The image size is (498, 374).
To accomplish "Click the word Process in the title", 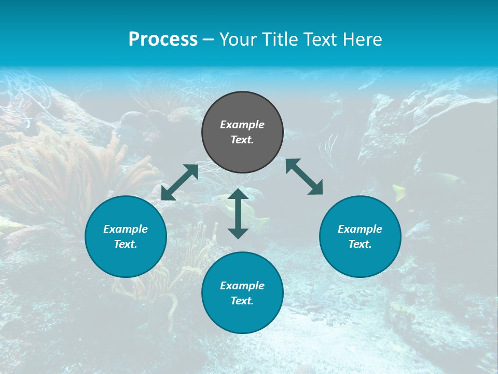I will pos(163,39).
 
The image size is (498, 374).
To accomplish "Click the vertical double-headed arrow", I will pos(238,213).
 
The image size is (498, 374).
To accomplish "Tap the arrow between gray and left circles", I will pos(179,182).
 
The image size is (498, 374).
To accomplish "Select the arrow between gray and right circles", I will pos(305,177).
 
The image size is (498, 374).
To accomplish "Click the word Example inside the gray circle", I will pos(242,125).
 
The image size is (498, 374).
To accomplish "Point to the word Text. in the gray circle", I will pos(242,140).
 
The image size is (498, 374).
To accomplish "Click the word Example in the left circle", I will pos(126,229).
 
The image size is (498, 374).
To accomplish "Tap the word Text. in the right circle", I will pos(360,244).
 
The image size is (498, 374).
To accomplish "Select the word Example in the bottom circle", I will pos(242,286).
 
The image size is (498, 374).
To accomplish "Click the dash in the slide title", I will pos(209,40).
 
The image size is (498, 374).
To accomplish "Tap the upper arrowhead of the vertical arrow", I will pos(238,194).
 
